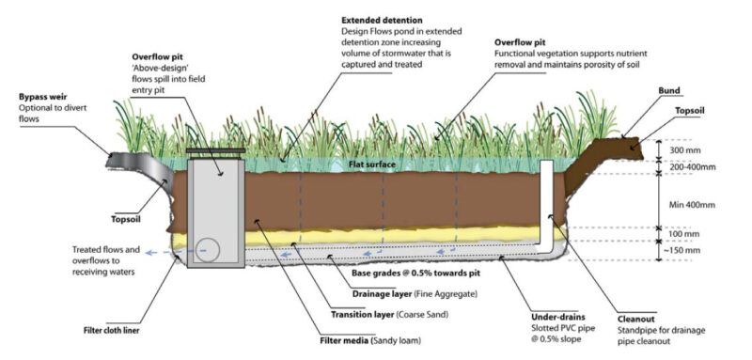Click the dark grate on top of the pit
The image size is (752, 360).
coord(214,150)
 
